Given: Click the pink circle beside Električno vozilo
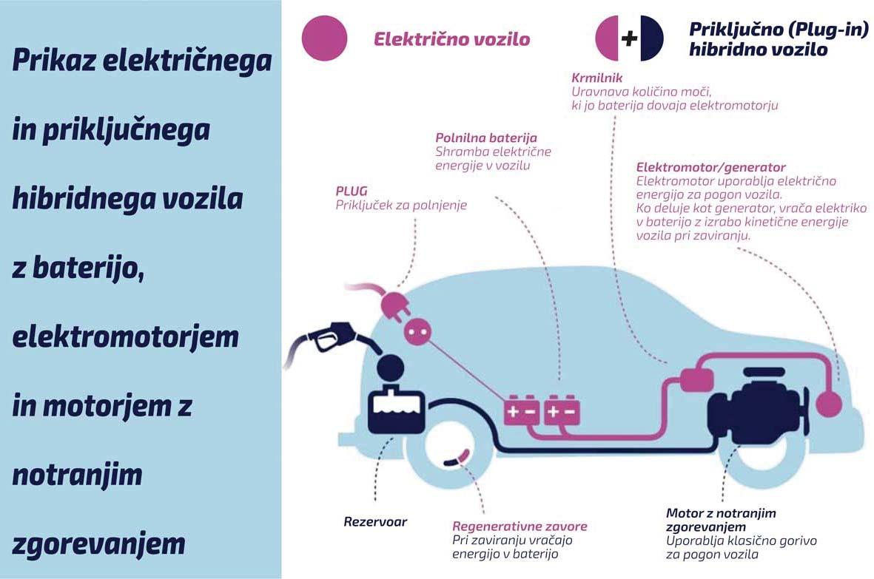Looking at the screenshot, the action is tap(325, 38).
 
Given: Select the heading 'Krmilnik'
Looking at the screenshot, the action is tap(596, 77).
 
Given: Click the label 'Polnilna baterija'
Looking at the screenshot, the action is tap(486, 138).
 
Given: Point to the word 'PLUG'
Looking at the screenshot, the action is tap(352, 191).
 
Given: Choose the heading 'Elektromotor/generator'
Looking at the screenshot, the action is tap(710, 168).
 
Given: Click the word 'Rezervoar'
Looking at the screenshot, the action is tap(375, 521).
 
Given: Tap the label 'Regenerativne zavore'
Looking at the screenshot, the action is tap(520, 526).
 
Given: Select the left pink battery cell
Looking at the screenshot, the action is tap(522, 411).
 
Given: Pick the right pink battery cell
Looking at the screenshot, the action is tap(561, 411).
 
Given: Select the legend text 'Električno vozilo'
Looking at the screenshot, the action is tap(451, 39).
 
